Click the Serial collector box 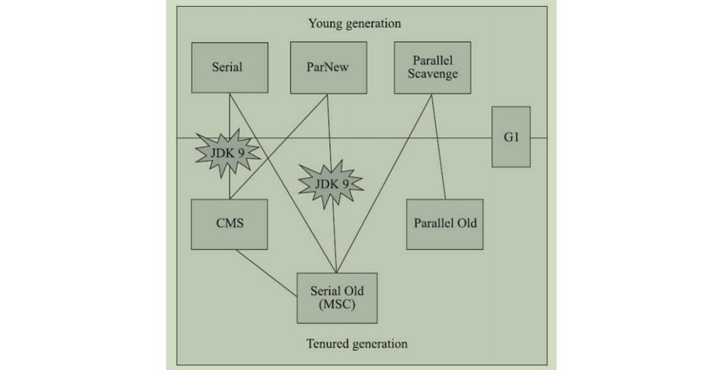pyautogui.click(x=229, y=67)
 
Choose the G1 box pyautogui.click(x=511, y=137)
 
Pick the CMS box pyautogui.click(x=229, y=224)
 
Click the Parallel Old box pyautogui.click(x=445, y=224)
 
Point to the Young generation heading pyautogui.click(x=354, y=23)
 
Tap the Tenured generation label pyautogui.click(x=357, y=343)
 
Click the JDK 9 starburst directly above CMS pyautogui.click(x=228, y=153)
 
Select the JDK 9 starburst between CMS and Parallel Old pyautogui.click(x=329, y=183)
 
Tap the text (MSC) pyautogui.click(x=336, y=305)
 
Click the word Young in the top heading pyautogui.click(x=324, y=23)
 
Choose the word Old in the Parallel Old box pyautogui.click(x=466, y=224)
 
